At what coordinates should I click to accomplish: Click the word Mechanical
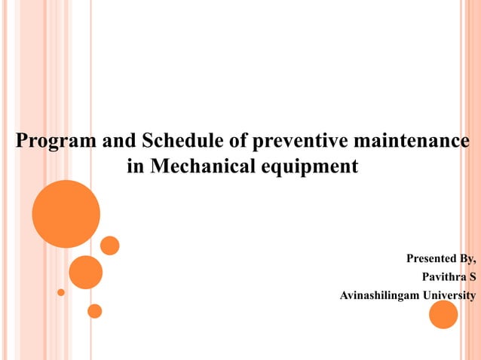(206, 166)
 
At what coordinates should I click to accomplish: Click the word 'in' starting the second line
(136, 166)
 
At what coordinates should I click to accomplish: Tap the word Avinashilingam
(379, 294)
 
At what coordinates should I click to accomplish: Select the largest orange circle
(66, 214)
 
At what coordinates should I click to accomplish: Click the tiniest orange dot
(61, 291)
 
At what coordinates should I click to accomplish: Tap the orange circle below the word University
(443, 314)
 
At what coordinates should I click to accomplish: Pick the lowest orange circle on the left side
(94, 310)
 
